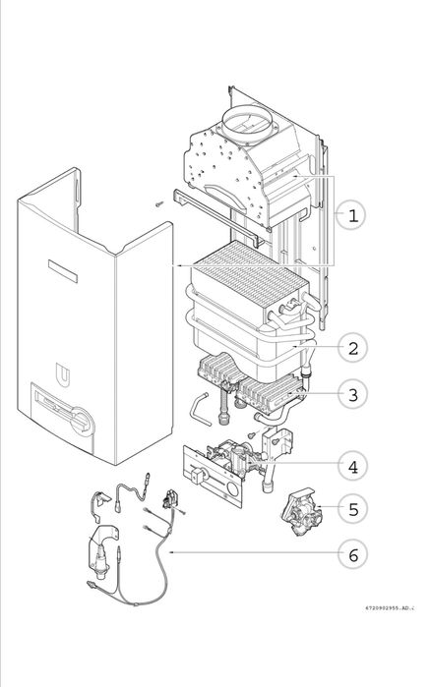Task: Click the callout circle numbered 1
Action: tap(351, 215)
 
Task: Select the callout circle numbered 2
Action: tap(353, 348)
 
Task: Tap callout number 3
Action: tap(353, 394)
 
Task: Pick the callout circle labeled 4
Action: tap(353, 466)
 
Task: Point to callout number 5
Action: tap(353, 509)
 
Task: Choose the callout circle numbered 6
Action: tap(353, 554)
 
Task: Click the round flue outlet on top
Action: tap(250, 121)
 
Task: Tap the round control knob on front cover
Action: tap(83, 422)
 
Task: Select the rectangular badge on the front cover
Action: tap(63, 271)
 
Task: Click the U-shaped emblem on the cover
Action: tap(63, 374)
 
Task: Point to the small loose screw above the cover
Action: tap(159, 203)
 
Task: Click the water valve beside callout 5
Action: tap(302, 512)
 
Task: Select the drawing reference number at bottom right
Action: tap(390, 607)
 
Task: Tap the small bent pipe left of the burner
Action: tap(201, 408)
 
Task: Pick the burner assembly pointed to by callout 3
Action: tap(251, 385)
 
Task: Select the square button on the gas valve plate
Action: tap(198, 476)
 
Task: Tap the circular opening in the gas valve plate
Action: tap(232, 489)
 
